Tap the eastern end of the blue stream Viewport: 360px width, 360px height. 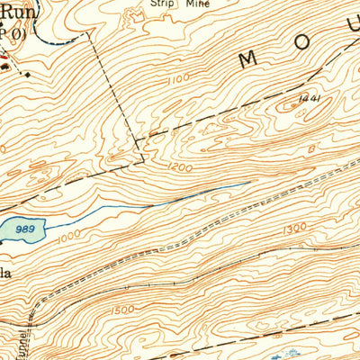click(249, 184)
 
